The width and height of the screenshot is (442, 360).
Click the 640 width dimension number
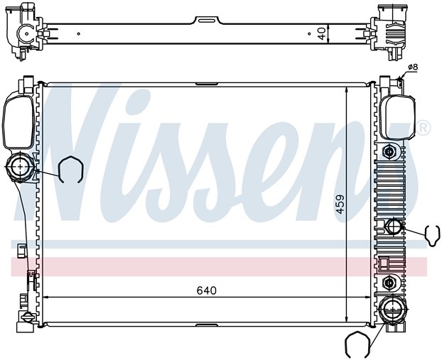tap(207, 290)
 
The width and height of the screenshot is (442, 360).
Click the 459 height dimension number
tap(340, 204)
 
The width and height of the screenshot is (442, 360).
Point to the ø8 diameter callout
tap(413, 67)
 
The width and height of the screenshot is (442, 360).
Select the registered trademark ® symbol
tap(424, 127)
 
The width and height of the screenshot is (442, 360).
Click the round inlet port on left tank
tap(21, 167)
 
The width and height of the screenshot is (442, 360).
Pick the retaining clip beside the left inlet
tap(70, 169)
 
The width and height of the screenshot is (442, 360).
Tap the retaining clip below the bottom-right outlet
tap(356, 345)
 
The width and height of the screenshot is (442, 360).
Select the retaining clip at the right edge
tap(432, 235)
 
